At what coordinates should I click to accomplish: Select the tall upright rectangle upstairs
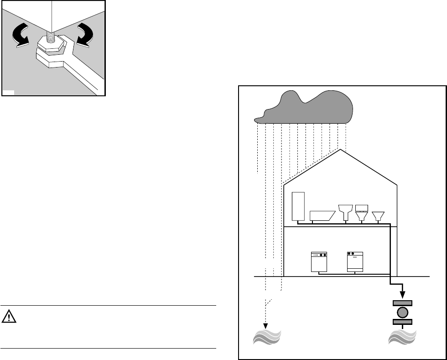coord(297,206)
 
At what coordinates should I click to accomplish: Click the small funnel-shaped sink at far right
coord(378,215)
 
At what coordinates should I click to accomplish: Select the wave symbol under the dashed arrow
coord(267,339)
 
